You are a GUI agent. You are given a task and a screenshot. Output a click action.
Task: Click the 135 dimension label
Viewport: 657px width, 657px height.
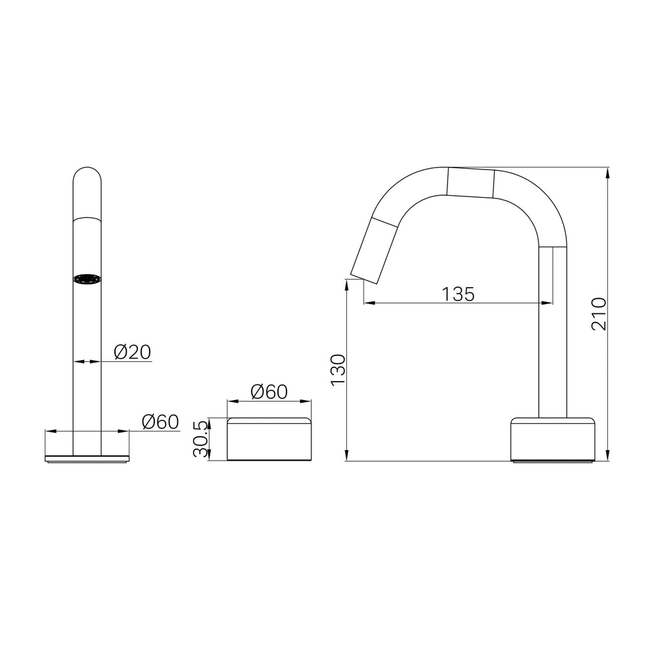click(458, 294)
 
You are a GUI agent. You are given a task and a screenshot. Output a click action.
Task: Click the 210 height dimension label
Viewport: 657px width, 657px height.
click(599, 314)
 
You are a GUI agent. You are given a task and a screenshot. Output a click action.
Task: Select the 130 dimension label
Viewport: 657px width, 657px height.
click(338, 370)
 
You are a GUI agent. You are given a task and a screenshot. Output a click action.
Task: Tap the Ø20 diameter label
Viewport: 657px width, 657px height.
click(133, 352)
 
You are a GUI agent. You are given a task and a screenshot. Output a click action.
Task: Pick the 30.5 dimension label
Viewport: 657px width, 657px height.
click(200, 439)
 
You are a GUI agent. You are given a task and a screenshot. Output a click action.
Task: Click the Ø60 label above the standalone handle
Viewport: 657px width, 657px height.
click(269, 392)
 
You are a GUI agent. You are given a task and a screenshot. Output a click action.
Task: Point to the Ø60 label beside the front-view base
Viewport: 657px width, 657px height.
click(160, 422)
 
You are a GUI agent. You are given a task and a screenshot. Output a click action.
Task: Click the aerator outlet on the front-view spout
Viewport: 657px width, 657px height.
click(87, 279)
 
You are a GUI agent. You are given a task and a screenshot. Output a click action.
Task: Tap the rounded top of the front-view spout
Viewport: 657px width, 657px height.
click(87, 175)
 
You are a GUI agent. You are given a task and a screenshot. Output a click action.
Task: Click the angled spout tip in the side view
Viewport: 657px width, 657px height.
click(374, 251)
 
